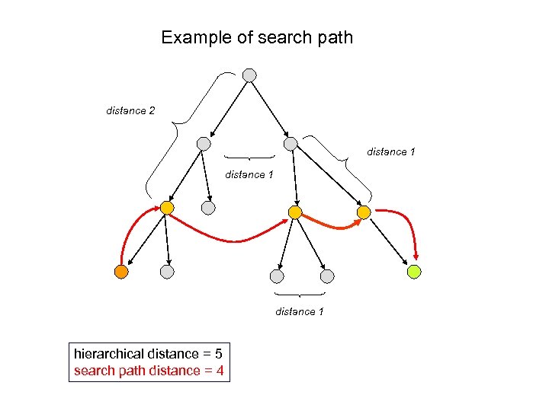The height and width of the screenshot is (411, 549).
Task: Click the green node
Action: pos(414,271)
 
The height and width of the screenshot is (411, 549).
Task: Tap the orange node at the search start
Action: pos(120,271)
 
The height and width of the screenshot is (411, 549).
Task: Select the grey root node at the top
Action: pos(249,75)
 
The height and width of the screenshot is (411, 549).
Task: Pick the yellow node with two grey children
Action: pos(295,212)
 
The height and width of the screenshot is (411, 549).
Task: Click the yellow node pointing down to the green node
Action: pos(364,212)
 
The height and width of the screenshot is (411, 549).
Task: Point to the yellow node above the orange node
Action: pos(167,208)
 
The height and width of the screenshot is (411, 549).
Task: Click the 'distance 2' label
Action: pos(130,111)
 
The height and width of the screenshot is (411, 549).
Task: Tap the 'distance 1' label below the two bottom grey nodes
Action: pos(299,311)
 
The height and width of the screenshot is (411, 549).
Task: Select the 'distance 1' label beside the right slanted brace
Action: pos(390,152)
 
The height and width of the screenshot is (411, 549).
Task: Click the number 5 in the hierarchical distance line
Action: pos(218,354)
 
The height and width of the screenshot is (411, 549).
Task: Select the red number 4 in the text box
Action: pos(220,371)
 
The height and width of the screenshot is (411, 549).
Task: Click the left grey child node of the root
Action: pos(203,143)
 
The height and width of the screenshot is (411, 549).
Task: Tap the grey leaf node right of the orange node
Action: pos(167,271)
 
